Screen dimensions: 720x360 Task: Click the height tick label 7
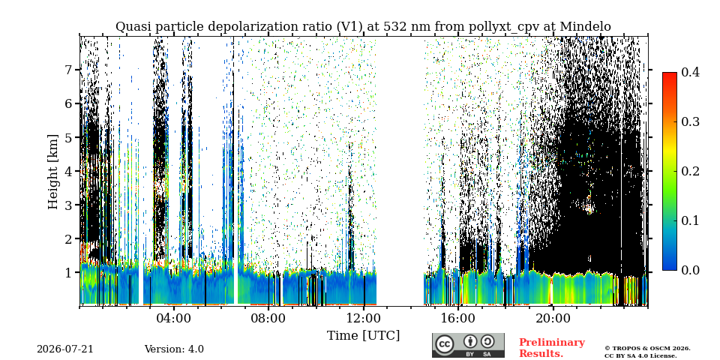pyautogui.click(x=70, y=70)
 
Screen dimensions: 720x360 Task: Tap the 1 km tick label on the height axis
pyautogui.click(x=70, y=273)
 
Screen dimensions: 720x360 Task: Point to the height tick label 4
pyautogui.click(x=70, y=171)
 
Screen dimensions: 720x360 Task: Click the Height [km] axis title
pyautogui.click(x=54, y=172)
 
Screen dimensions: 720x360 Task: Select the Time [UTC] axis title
pyautogui.click(x=363, y=336)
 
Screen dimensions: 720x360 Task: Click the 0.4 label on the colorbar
pyautogui.click(x=690, y=72)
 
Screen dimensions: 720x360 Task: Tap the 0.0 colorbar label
pyautogui.click(x=690, y=270)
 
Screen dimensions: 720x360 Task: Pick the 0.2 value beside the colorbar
pyautogui.click(x=690, y=171)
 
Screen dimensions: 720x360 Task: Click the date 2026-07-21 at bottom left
pyautogui.click(x=65, y=349)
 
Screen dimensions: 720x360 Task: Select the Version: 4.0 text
pyautogui.click(x=174, y=349)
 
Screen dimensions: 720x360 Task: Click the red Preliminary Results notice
pyautogui.click(x=552, y=347)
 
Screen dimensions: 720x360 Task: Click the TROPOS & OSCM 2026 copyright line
pyautogui.click(x=647, y=348)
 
